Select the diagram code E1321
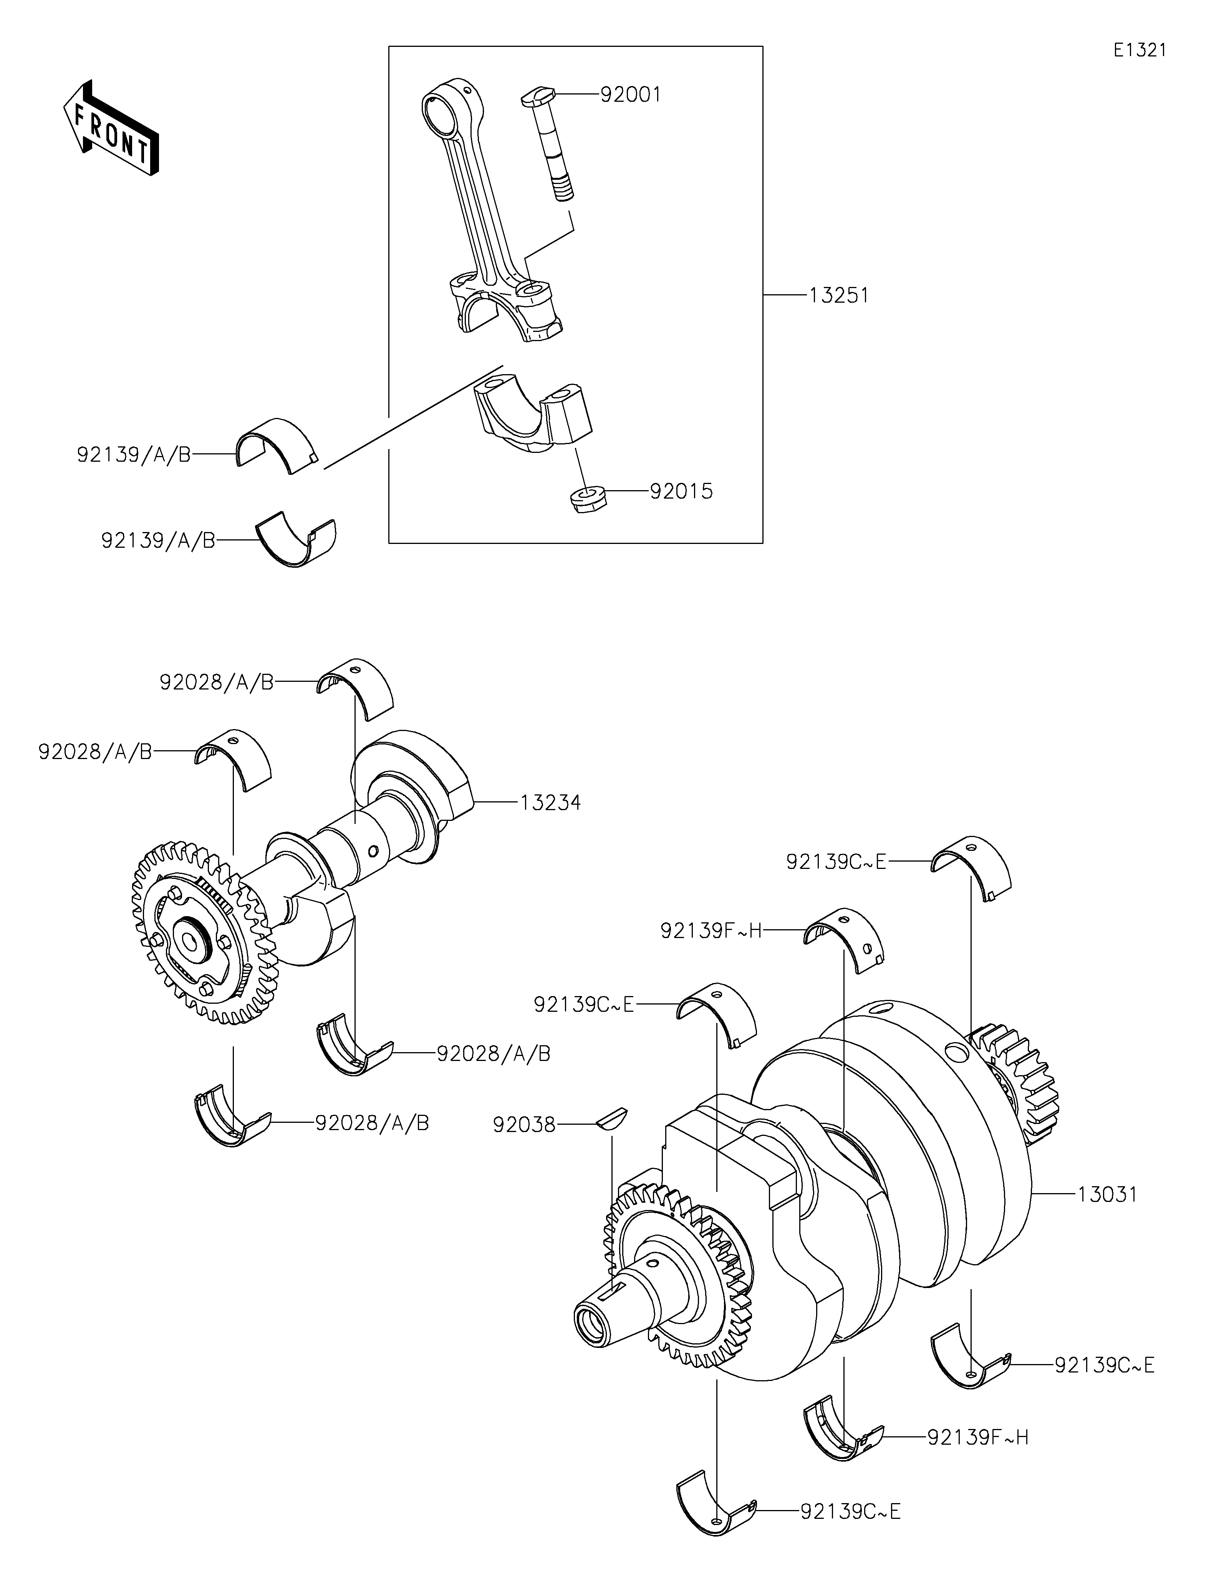pos(1140,50)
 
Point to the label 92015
pos(681,492)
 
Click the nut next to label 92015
pos(587,499)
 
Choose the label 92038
pos(524,1125)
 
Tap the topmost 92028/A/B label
pos(217,682)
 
